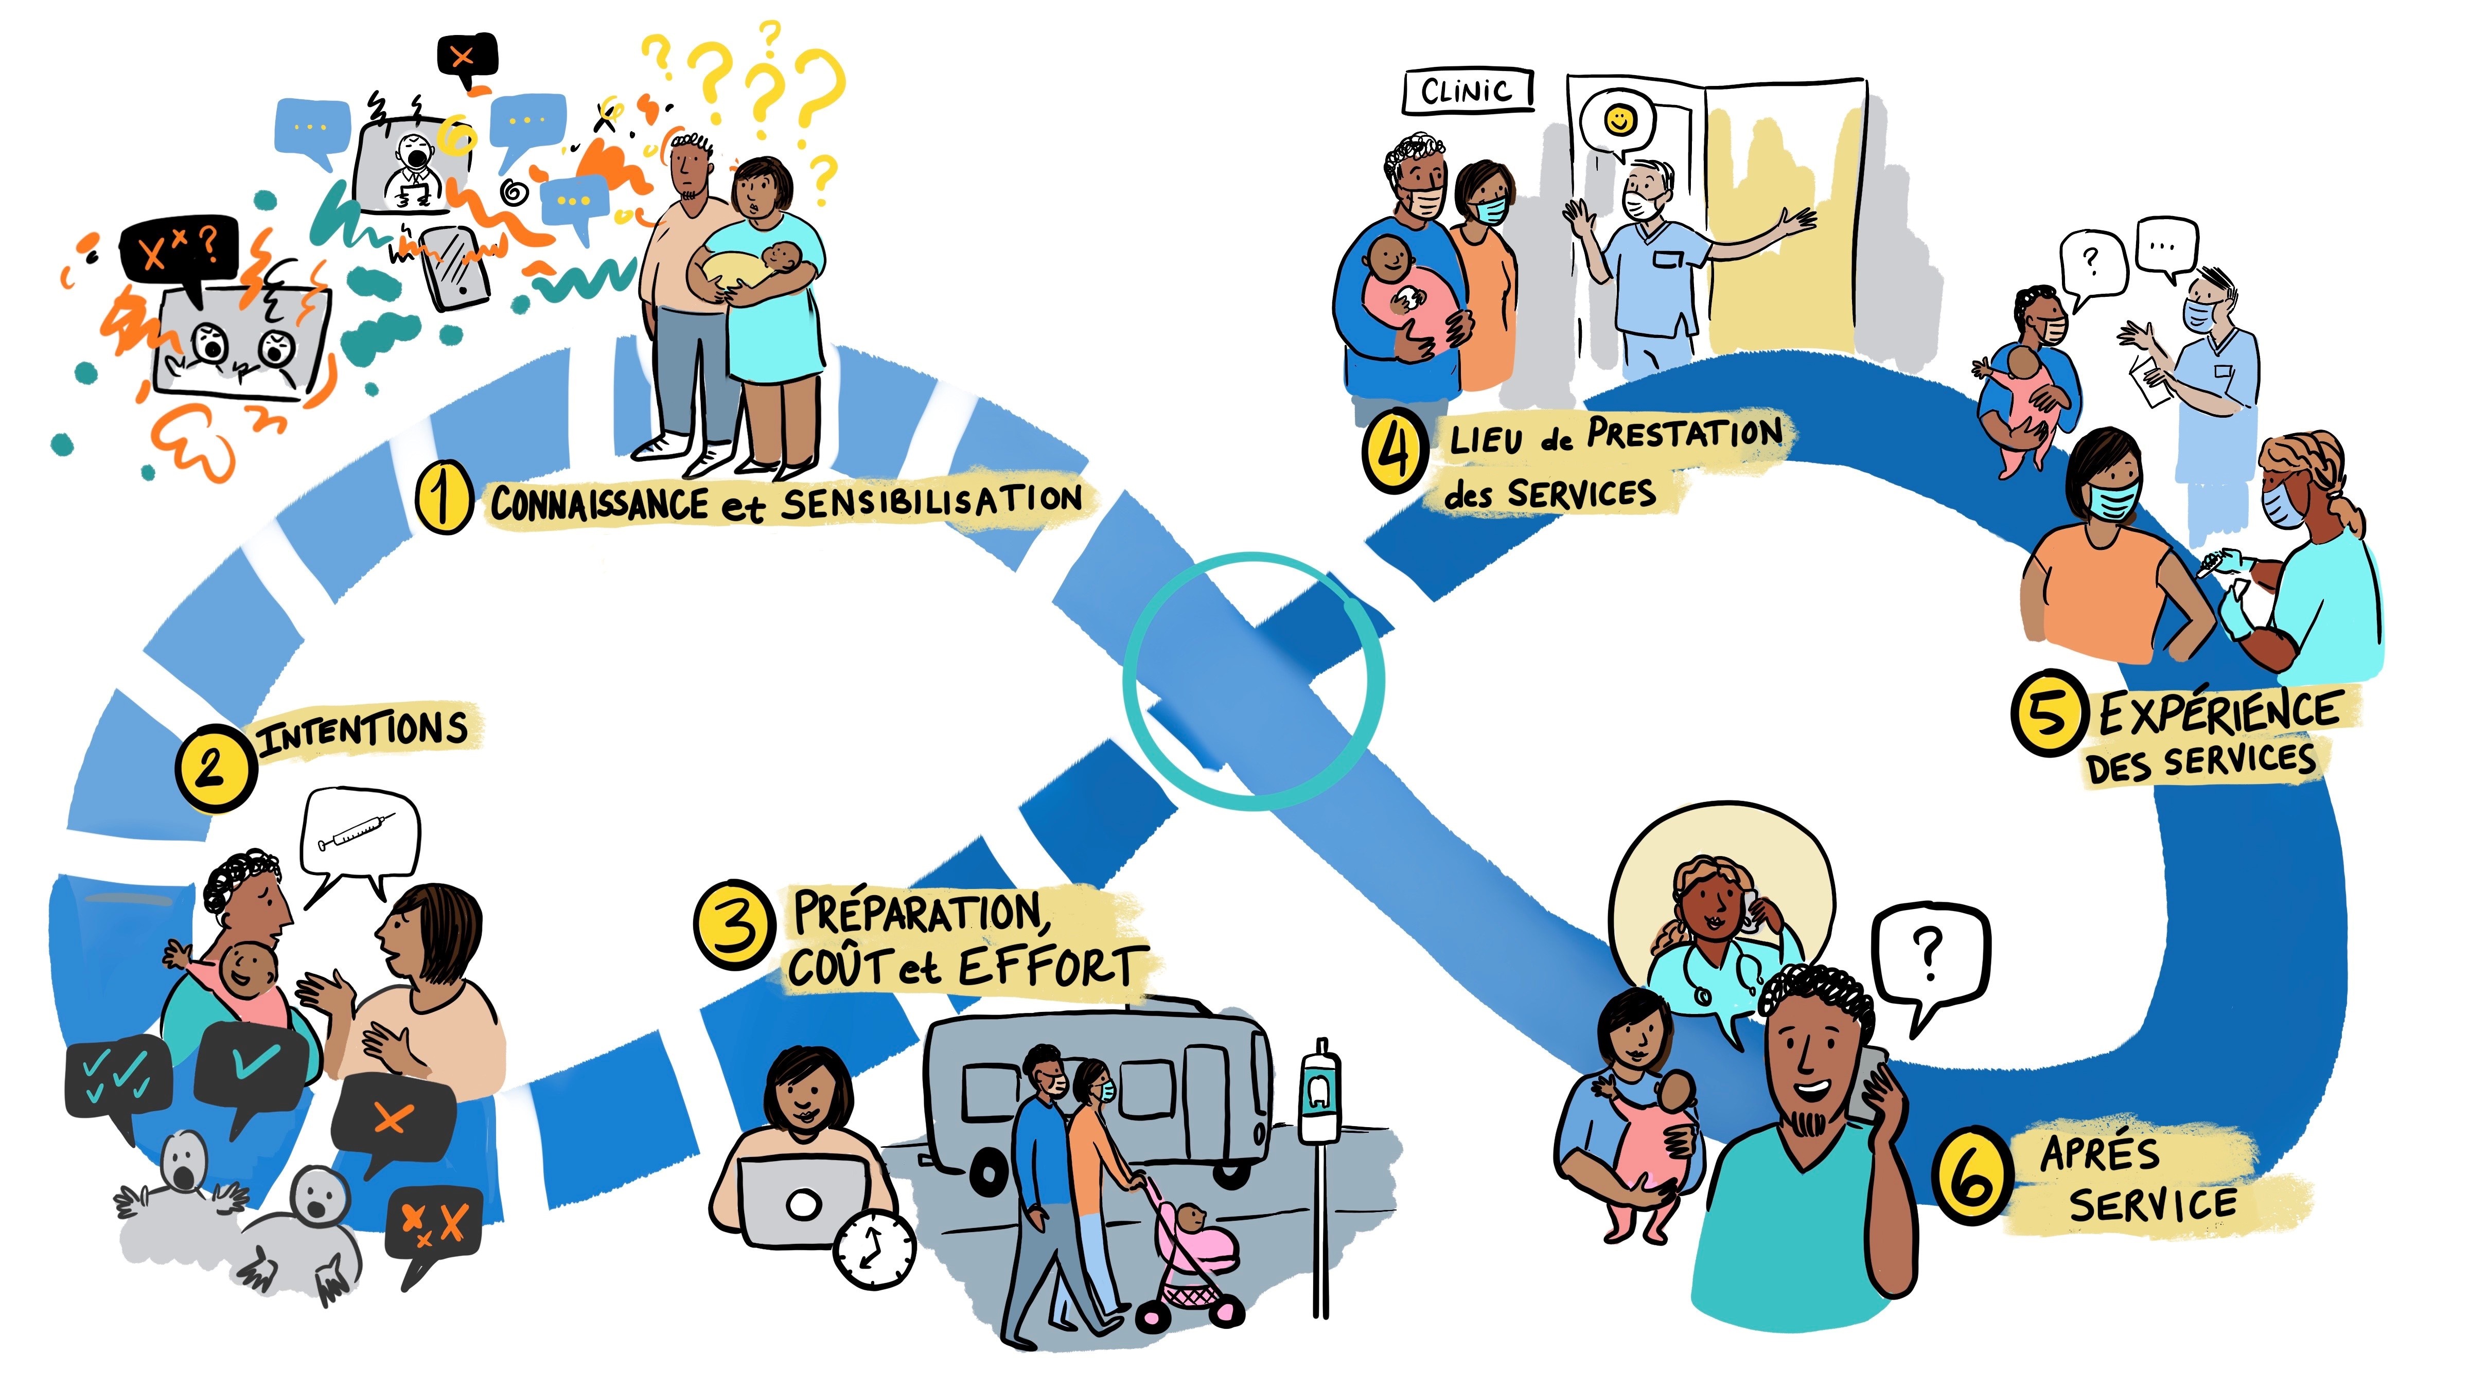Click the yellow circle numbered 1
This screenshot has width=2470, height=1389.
pos(443,497)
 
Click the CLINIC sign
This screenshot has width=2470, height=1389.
pos(1467,91)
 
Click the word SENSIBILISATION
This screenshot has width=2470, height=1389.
pos(930,501)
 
